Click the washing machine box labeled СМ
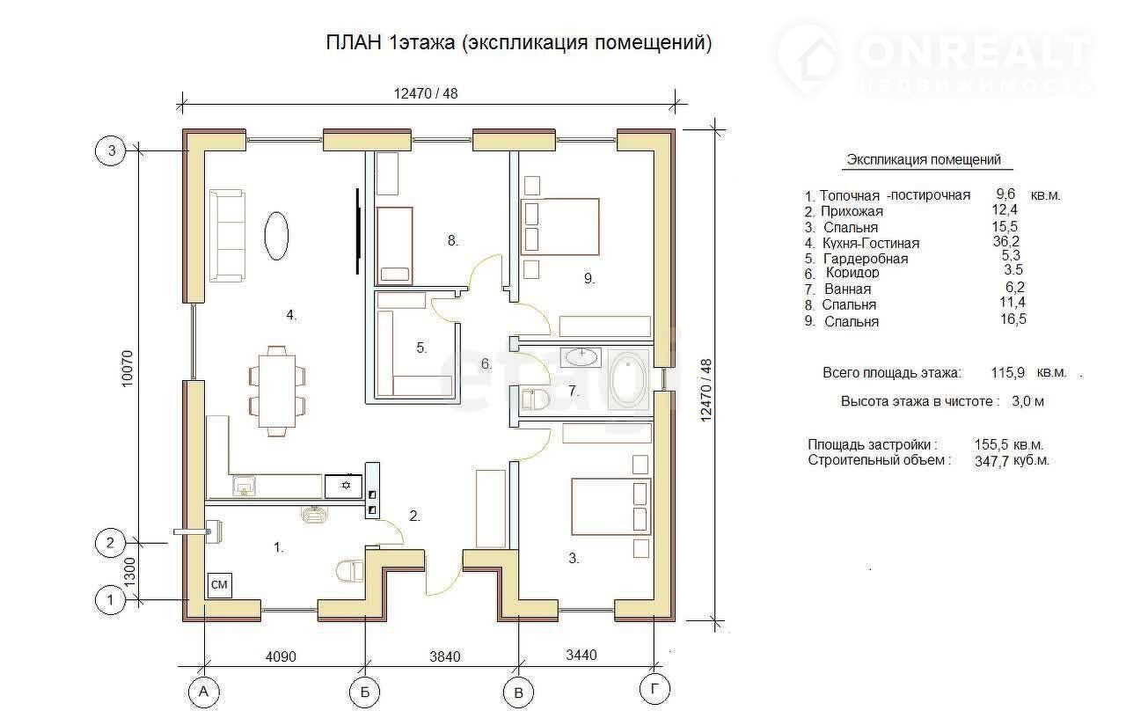[220, 584]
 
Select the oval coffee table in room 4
[276, 236]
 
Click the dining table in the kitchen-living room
[277, 392]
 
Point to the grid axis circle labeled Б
[365, 692]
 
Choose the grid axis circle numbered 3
[111, 150]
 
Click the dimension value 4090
[281, 656]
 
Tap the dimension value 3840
[445, 656]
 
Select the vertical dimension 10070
[128, 369]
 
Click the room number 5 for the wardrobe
[421, 348]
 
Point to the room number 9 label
[589, 278]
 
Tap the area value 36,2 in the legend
[1006, 241]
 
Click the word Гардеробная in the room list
[866, 259]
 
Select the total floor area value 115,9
[1008, 372]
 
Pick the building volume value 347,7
[991, 461]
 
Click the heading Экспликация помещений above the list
[924, 159]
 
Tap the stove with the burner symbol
[343, 487]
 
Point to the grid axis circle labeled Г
[654, 689]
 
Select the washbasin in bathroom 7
[582, 356]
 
